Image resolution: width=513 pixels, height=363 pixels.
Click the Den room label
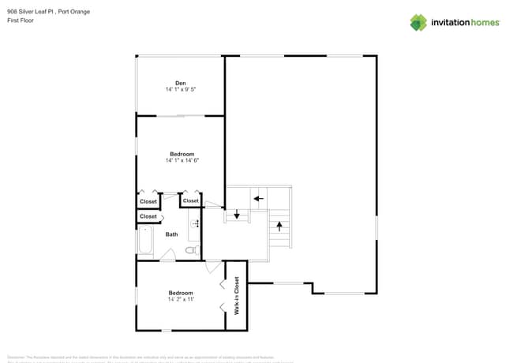click(180, 83)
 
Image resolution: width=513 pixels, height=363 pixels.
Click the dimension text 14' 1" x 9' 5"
click(180, 90)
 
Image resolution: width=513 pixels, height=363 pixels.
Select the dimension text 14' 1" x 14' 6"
click(182, 160)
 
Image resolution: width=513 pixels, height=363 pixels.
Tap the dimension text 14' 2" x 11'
click(181, 300)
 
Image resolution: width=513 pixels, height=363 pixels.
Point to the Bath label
click(171, 234)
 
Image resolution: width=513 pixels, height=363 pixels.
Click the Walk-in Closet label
click(237, 296)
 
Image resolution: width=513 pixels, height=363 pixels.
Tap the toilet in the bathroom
click(190, 250)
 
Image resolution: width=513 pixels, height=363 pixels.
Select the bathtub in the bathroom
click(146, 242)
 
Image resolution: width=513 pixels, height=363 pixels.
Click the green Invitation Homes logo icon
click(418, 22)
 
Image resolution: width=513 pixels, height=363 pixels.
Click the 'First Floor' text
click(19, 20)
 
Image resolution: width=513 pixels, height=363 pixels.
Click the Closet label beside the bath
click(148, 216)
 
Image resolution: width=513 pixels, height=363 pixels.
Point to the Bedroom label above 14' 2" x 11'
click(181, 293)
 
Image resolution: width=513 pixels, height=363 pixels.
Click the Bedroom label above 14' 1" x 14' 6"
click(182, 153)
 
